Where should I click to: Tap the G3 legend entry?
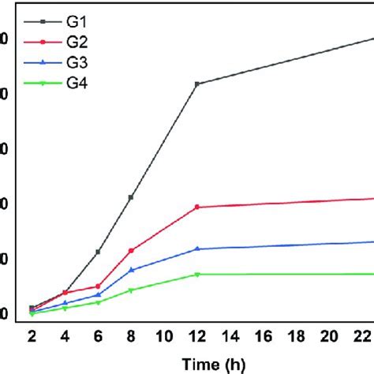point(77,62)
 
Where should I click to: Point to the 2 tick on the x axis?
point(32,335)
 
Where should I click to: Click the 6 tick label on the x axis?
point(98,335)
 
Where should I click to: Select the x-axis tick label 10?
point(163,335)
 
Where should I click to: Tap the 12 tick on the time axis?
point(196,335)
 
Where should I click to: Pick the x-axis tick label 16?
point(263,335)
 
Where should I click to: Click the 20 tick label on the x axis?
point(329,335)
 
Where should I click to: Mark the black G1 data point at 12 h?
point(196,84)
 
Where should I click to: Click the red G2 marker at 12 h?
point(196,208)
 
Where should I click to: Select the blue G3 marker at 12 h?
point(196,249)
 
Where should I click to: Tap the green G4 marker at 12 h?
point(196,275)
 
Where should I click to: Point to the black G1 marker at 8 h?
point(131,197)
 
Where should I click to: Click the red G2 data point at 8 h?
point(131,250)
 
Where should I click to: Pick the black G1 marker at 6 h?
point(98,252)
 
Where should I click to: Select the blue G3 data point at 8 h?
point(131,270)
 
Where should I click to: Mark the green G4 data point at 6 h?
point(98,302)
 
